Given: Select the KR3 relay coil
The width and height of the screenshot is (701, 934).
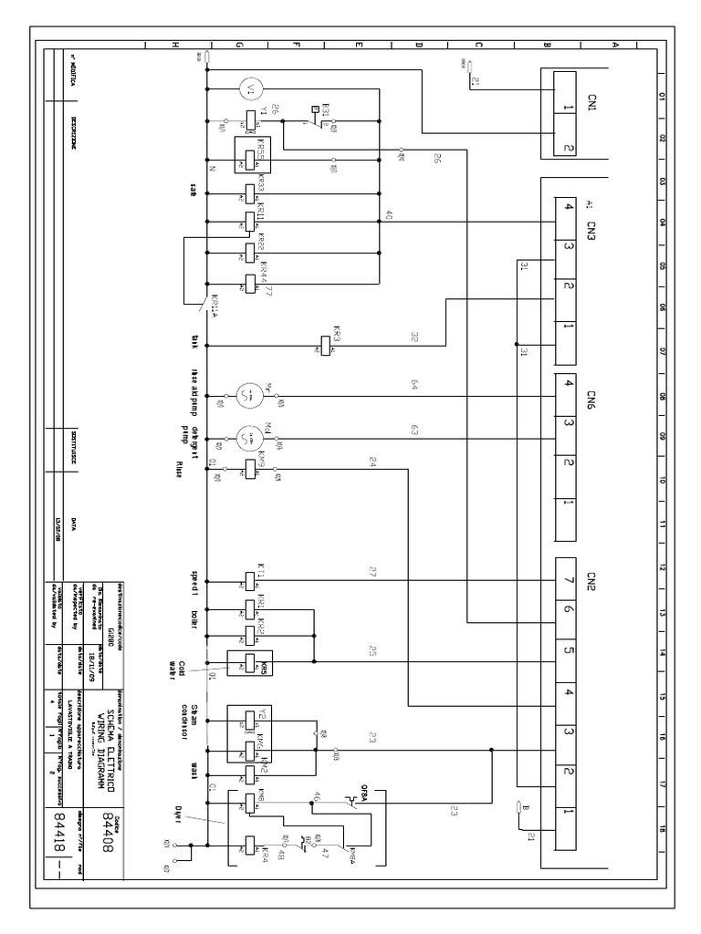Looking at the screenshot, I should (325, 346).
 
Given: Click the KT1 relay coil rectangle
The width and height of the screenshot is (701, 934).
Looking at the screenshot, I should (249, 579).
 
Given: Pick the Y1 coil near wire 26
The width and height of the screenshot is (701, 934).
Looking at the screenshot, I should (249, 119).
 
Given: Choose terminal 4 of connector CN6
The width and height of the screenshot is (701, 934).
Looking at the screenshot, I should (568, 384).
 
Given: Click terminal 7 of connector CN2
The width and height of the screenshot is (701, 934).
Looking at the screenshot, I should (568, 577).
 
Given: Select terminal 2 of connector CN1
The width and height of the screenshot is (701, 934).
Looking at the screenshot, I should (568, 148).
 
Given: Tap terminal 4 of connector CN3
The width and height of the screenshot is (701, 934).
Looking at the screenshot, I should (568, 206).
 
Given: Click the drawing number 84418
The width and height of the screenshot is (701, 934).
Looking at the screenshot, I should (62, 830).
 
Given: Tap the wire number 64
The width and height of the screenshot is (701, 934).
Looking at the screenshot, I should (413, 388).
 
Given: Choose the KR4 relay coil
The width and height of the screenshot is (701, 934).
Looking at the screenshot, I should (249, 845).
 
